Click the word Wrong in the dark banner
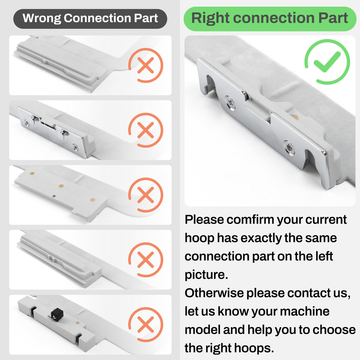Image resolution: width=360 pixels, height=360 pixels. coord(42,18)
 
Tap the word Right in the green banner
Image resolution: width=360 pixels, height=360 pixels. coord(211,18)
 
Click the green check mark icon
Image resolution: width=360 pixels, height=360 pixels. coord(327,62)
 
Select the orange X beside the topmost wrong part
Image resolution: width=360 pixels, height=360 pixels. coord(146,65)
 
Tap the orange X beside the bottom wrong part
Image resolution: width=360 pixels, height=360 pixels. coord(146,324)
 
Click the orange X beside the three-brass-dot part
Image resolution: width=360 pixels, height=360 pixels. coord(146,195)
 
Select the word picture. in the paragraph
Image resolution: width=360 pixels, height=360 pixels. coord(206,275)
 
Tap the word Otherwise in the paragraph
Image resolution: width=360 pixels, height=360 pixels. coord(214,293)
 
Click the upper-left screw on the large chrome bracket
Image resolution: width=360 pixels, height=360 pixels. coord(230,103)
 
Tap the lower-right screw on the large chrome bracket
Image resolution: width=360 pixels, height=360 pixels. coord(288,147)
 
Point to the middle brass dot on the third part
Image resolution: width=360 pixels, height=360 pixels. coord(61,186)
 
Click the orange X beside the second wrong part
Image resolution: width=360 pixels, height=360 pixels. coord(146,130)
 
